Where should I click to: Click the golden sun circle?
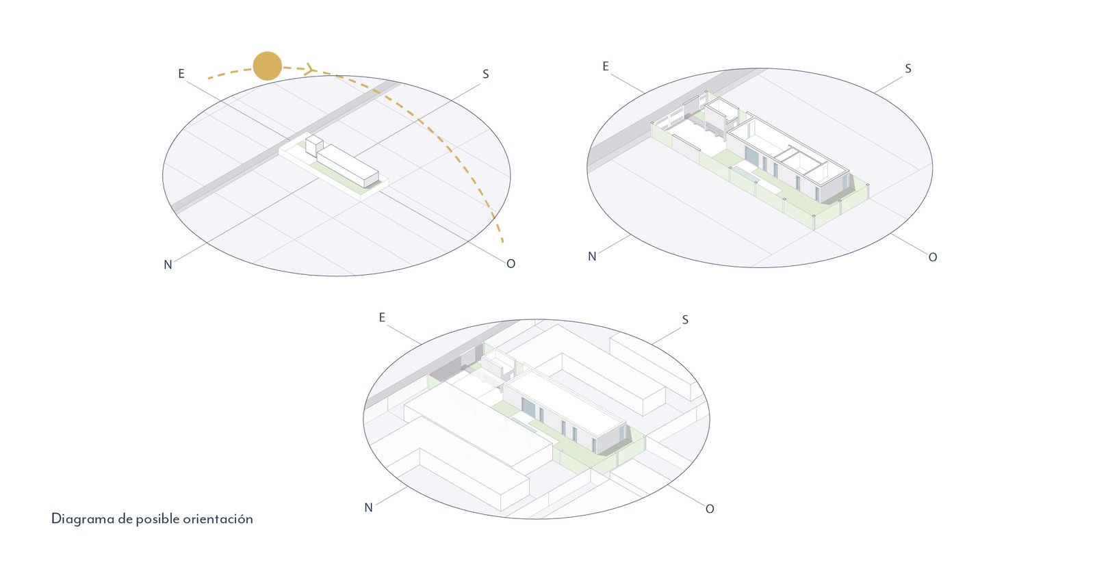point(267,66)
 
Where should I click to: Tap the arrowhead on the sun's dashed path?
point(309,68)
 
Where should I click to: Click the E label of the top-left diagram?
point(181,74)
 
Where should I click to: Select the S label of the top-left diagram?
point(486,75)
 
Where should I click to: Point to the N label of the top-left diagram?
point(168,265)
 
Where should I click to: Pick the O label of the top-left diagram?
point(511,264)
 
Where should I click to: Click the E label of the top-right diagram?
point(606,66)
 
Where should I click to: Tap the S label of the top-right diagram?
point(908,68)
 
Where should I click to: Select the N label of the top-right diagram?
point(592,256)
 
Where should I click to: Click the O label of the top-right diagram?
point(932,257)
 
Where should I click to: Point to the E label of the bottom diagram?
point(382,318)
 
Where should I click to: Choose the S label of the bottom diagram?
point(685,320)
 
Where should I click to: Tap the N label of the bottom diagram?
point(368,507)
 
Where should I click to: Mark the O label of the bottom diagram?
point(710,509)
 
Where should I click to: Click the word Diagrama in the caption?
point(83,519)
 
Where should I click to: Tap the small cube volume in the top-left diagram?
point(314,144)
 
